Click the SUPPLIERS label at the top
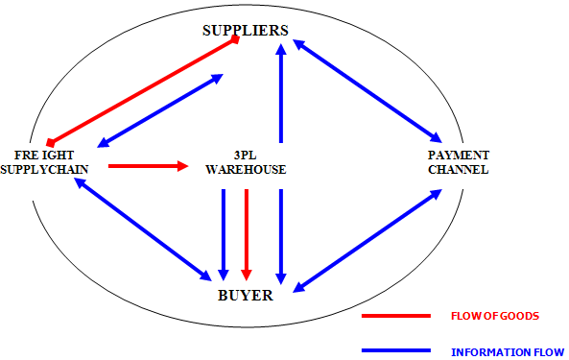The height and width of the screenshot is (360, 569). pyautogui.click(x=245, y=31)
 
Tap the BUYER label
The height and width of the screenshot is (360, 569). pyautogui.click(x=245, y=296)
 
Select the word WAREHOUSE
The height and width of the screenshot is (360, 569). pyautogui.click(x=246, y=170)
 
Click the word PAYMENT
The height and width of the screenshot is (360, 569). pyautogui.click(x=459, y=156)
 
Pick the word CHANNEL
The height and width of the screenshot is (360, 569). pyautogui.click(x=459, y=170)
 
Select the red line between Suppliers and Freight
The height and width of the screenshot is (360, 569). pyautogui.click(x=143, y=90)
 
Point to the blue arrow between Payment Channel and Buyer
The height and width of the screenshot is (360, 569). pyautogui.click(x=367, y=241)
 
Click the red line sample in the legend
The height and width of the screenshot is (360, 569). pyautogui.click(x=395, y=315)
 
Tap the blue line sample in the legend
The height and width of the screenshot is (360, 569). pyautogui.click(x=395, y=350)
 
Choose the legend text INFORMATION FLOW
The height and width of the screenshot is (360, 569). pyautogui.click(x=507, y=351)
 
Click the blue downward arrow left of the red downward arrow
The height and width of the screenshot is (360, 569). pyautogui.click(x=224, y=233)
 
